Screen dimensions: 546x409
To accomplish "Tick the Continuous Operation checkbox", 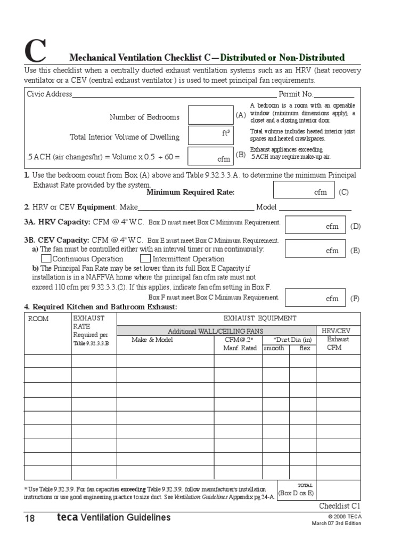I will tap(47, 259).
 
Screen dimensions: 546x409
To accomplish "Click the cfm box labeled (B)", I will tap(210, 156).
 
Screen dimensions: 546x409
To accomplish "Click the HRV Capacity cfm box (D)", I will tap(315, 225).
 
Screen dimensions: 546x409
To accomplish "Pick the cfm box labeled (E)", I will tap(315, 249).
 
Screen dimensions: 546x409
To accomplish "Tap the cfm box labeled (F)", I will tap(315, 298).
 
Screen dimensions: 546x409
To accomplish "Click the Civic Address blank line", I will tap(170, 95).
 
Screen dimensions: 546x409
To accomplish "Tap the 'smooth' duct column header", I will tap(275, 348).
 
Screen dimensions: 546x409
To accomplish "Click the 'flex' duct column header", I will tap(304, 348).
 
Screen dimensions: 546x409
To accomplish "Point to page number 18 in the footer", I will tap(29, 518).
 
